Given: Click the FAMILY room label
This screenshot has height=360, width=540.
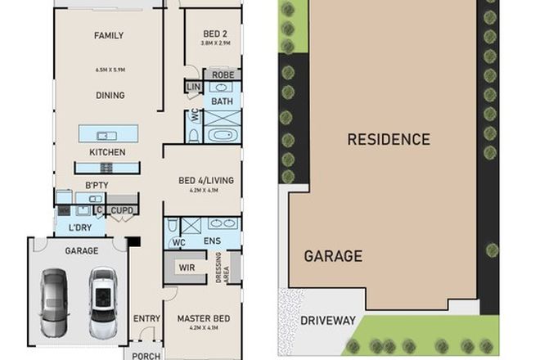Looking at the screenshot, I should pyautogui.click(x=109, y=36).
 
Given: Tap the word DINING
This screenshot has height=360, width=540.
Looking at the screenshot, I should pyautogui.click(x=109, y=95).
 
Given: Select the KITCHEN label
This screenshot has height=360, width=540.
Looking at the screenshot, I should pyautogui.click(x=107, y=152).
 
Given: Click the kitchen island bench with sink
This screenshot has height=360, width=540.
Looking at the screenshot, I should pyautogui.click(x=108, y=134).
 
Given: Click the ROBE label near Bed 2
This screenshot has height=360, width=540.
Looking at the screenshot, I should pyautogui.click(x=223, y=75).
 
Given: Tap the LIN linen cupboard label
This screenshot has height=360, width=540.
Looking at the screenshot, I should pyautogui.click(x=194, y=87).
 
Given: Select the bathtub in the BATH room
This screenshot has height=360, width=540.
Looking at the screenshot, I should pyautogui.click(x=222, y=135).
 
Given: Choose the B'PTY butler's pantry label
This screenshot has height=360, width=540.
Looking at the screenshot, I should pyautogui.click(x=97, y=185).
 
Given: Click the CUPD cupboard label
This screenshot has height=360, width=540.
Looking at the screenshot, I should pyautogui.click(x=123, y=210).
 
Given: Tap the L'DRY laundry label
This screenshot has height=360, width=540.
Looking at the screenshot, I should pyautogui.click(x=79, y=227).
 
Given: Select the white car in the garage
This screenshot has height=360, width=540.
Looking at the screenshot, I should pyautogui.click(x=104, y=299).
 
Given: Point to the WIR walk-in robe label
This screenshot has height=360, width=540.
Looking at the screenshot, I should pyautogui.click(x=186, y=268).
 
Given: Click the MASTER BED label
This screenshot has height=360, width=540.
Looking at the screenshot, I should pyautogui.click(x=203, y=318).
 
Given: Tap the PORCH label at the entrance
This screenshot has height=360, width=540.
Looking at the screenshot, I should pyautogui.click(x=145, y=355).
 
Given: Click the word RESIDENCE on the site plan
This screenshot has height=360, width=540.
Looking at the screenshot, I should pyautogui.click(x=388, y=139).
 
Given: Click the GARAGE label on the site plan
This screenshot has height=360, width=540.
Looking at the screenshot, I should pyautogui.click(x=333, y=256).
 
